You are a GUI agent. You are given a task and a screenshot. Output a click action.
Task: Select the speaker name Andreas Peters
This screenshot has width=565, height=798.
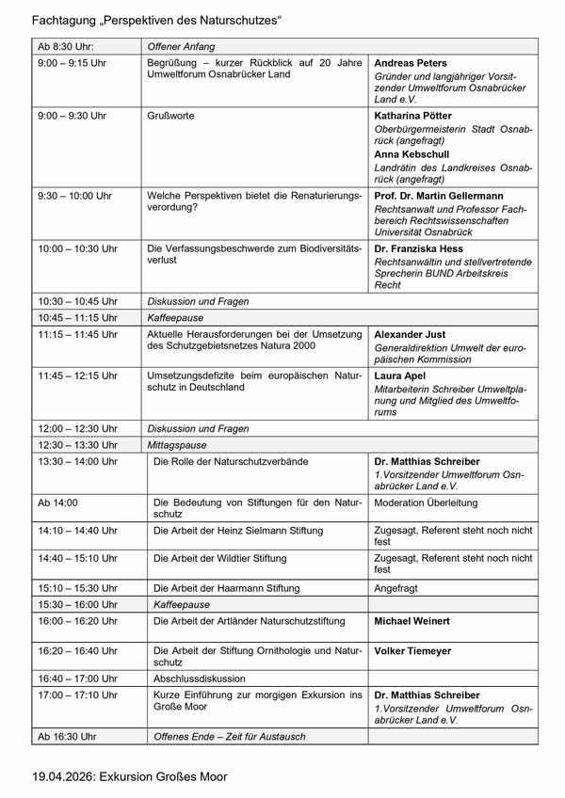click(x=411, y=63)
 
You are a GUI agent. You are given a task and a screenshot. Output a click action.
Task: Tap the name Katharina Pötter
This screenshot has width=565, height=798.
click(x=415, y=117)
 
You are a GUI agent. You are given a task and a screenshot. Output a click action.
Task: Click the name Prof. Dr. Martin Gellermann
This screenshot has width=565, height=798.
click(x=440, y=196)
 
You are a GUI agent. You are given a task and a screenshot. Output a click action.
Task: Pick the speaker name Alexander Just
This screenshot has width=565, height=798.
click(x=411, y=334)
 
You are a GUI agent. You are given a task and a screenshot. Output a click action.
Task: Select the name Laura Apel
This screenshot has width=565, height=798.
click(x=400, y=375)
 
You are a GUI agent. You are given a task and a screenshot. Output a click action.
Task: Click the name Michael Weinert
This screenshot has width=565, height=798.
click(x=412, y=622)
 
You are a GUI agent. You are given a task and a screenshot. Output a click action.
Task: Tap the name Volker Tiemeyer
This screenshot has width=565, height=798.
click(x=413, y=650)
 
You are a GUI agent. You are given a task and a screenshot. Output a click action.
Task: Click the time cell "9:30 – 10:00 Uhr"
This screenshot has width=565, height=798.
click(x=74, y=196)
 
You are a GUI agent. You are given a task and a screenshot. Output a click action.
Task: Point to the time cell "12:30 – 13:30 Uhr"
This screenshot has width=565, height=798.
click(x=78, y=444)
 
